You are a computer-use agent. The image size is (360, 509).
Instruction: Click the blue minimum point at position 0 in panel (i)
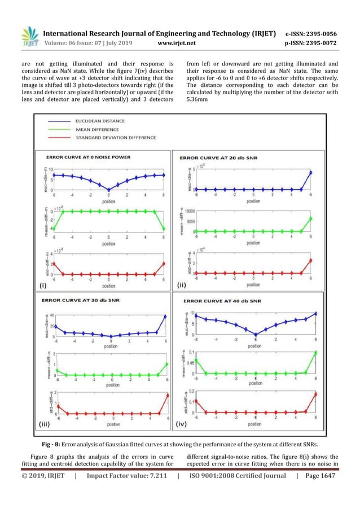pos(109,190)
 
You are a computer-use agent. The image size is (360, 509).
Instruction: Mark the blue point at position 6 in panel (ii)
pos(310,173)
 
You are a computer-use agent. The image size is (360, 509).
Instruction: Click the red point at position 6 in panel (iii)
pos(166,395)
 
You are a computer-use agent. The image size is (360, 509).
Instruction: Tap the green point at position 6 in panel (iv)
pos(315,353)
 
